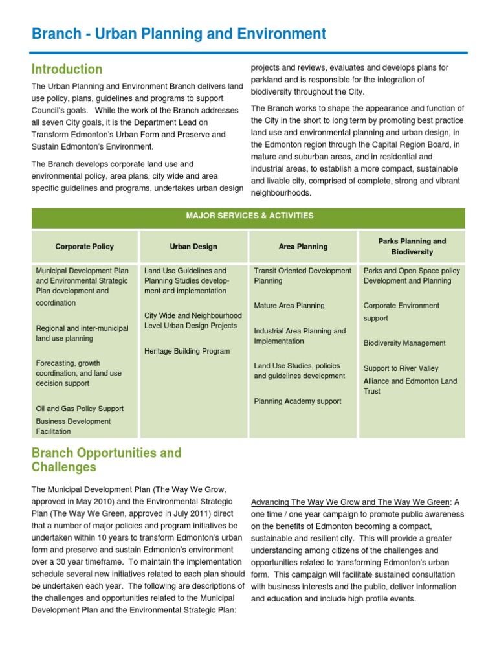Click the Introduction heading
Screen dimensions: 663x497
(67, 69)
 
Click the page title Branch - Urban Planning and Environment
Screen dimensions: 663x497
(179, 34)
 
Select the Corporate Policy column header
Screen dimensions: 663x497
(85, 247)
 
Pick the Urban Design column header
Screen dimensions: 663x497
(193, 247)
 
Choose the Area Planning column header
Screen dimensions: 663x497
(303, 247)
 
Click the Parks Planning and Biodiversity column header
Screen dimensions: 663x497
(412, 247)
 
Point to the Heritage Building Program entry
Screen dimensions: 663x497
(187, 351)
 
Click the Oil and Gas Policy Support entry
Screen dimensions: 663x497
(80, 409)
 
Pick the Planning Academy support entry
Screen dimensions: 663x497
(298, 401)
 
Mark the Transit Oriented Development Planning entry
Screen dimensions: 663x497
(303, 276)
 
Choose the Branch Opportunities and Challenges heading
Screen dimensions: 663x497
(107, 460)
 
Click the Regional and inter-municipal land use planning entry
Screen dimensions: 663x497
(82, 333)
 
